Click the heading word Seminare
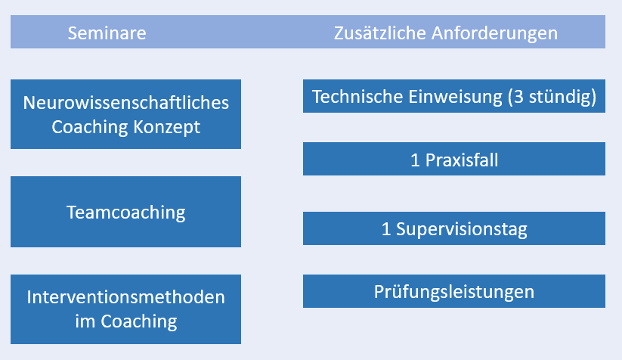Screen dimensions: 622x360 [107, 33]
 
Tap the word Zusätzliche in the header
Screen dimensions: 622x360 [379, 33]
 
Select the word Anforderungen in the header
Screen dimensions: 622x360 [494, 34]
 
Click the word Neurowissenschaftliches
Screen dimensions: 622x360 [125, 103]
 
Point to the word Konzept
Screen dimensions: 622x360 [166, 128]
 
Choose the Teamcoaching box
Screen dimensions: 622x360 [125, 212]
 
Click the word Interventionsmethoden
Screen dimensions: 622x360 [125, 297]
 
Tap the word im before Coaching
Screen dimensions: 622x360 [85, 321]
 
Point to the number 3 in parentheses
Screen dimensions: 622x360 [518, 97]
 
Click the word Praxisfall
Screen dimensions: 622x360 [462, 160]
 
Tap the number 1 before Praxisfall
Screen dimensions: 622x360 [415, 160]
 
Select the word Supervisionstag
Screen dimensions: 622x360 [461, 229]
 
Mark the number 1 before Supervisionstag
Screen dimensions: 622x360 [386, 229]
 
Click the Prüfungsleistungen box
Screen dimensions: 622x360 [454, 291]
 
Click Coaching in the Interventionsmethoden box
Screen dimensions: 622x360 [139, 322]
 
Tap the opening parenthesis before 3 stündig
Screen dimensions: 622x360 [510, 98]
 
